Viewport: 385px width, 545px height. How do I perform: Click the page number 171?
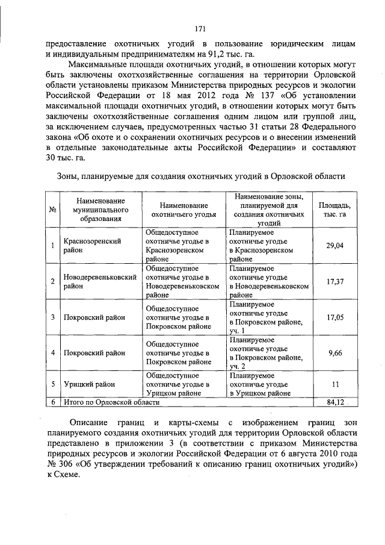point(201,28)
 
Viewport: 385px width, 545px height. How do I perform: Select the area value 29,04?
point(334,246)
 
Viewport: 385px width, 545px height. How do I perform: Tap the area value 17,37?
point(334,281)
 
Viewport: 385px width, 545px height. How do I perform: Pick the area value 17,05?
point(334,317)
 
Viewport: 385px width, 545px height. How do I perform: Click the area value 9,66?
point(334,352)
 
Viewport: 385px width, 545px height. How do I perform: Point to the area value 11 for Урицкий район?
point(334,384)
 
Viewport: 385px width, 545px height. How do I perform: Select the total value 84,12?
point(334,400)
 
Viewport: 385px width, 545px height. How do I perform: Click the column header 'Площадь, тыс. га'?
point(334,210)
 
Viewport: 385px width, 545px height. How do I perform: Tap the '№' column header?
point(53,210)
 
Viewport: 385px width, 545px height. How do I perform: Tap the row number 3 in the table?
point(53,317)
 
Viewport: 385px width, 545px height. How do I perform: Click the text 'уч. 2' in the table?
point(238,366)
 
